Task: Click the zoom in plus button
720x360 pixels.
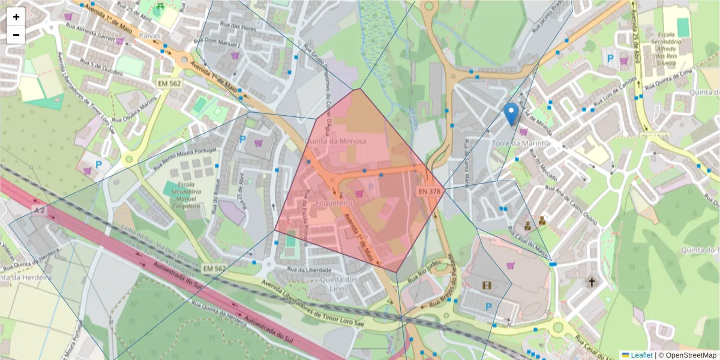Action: (16, 17)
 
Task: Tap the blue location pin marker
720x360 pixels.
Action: (511, 113)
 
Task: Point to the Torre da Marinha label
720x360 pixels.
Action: (521, 143)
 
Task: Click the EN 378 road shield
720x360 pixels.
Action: (430, 191)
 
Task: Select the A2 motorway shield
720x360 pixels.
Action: (40, 211)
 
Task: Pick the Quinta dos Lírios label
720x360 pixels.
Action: (339, 284)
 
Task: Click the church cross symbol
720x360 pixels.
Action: (592, 282)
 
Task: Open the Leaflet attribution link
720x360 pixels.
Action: (641, 355)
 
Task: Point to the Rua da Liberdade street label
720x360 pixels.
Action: (310, 269)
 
